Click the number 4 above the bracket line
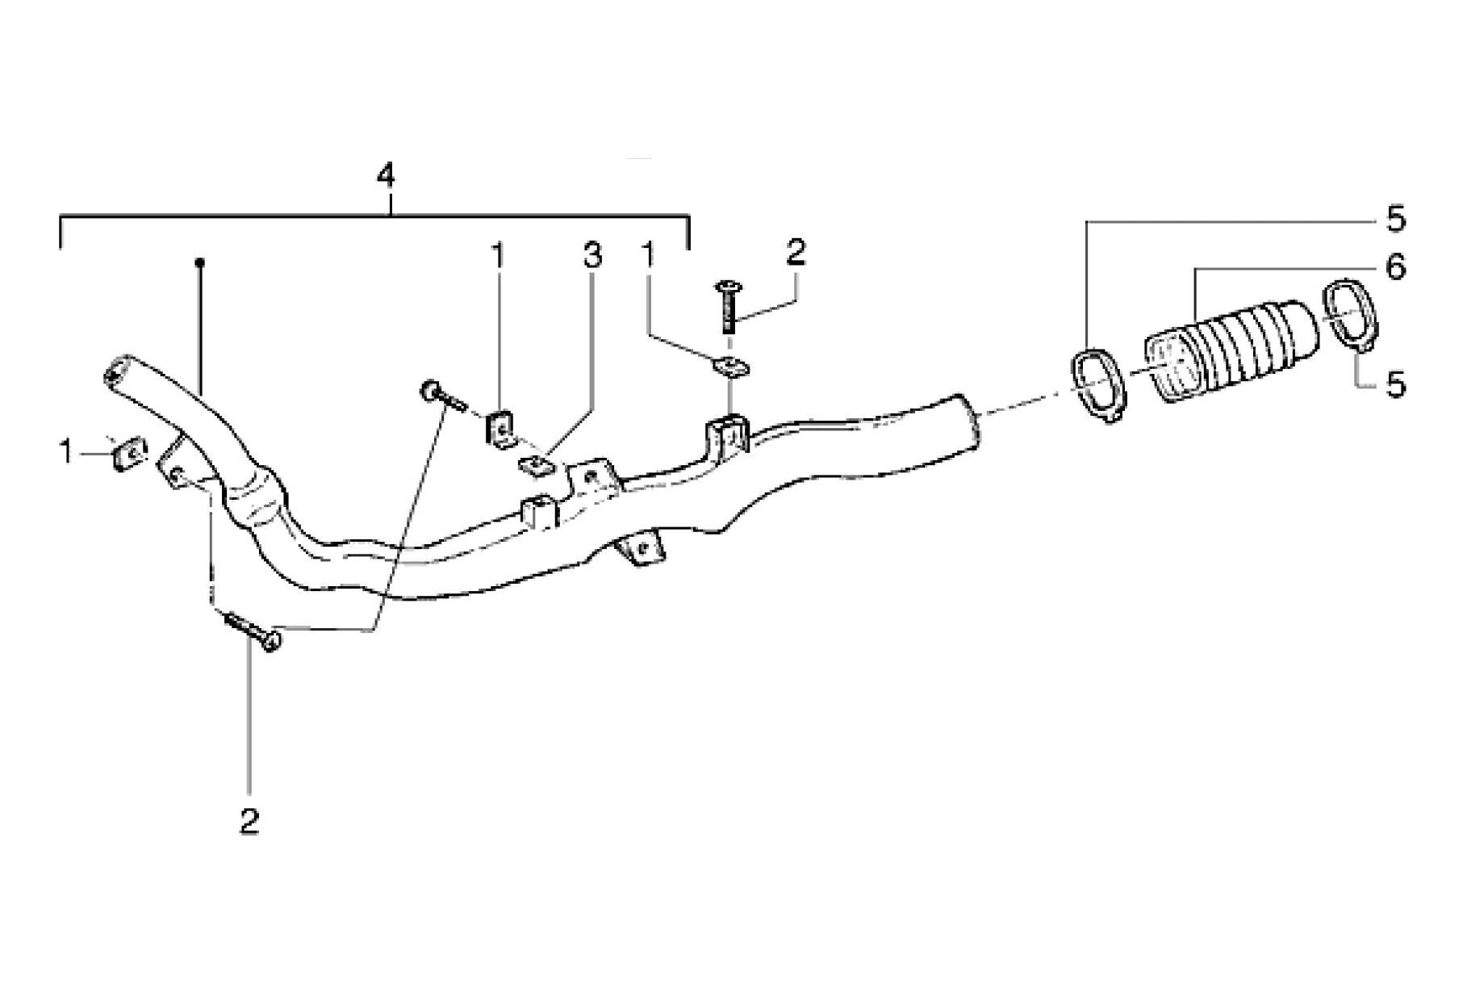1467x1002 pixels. coord(387,177)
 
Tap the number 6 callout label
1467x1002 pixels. coord(1396,266)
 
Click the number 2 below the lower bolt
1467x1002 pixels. coord(249,822)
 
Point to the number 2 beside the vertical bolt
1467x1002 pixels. coord(795,253)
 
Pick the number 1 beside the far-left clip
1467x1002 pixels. coord(66,452)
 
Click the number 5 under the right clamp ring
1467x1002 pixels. coord(1396,384)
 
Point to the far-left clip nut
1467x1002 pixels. coord(126,454)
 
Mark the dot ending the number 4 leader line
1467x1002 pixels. coord(199,262)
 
